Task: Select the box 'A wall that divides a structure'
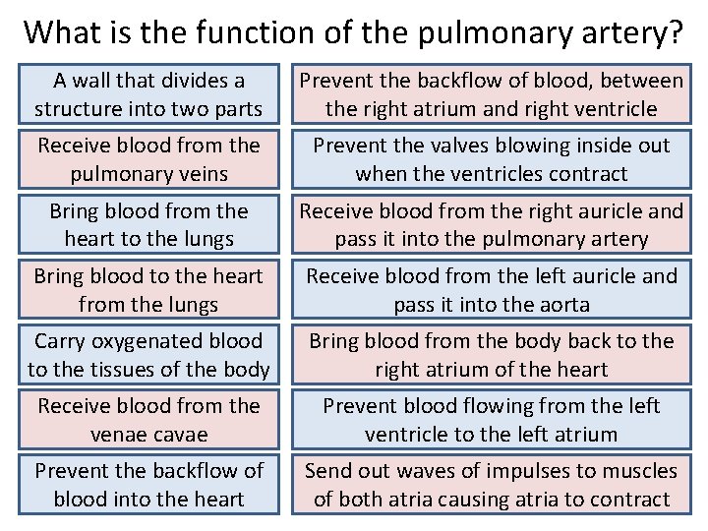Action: [147, 93]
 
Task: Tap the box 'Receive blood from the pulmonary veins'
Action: [147, 159]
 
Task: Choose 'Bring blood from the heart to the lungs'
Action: [147, 224]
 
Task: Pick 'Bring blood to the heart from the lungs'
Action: [147, 290]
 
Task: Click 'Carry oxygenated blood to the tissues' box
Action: [147, 355]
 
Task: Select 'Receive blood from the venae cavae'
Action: [147, 420]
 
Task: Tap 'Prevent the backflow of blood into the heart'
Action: [147, 485]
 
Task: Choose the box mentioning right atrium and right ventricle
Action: [491, 93]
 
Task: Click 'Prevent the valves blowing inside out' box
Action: [491, 159]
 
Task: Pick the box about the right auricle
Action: [491, 224]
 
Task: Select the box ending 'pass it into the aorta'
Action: [491, 290]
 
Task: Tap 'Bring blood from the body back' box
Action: [491, 355]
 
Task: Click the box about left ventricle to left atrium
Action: [491, 420]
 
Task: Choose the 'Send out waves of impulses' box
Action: [491, 485]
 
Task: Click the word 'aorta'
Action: [561, 305]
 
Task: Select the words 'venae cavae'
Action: [148, 435]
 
